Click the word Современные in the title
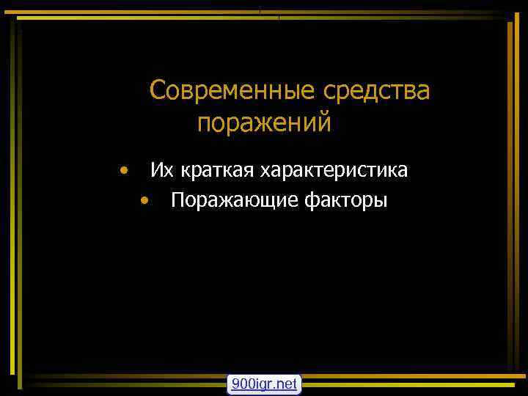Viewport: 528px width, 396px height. coord(232,92)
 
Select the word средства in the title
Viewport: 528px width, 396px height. coord(376,92)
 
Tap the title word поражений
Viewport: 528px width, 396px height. coord(264,122)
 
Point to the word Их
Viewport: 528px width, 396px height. coord(162,171)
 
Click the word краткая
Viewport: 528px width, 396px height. coord(216,171)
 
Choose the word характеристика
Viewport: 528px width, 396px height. coord(334,171)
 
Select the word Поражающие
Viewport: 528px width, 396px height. coord(232,200)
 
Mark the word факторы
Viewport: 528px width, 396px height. coord(345,200)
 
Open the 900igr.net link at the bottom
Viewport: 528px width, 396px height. coord(264,384)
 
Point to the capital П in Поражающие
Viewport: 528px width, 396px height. coord(177,199)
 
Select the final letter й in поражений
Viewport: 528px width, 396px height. coord(324,122)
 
